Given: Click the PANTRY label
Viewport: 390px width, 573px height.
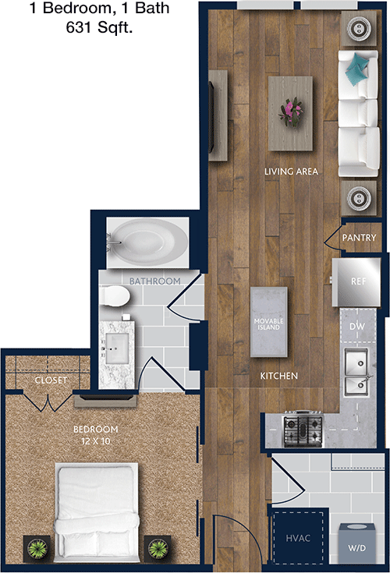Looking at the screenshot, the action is pyautogui.click(x=359, y=238).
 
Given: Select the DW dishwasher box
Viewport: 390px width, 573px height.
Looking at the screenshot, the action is pyautogui.click(x=357, y=326).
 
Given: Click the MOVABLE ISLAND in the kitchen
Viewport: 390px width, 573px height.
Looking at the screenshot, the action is pyautogui.click(x=268, y=321).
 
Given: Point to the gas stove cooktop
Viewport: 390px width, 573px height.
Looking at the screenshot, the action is pyautogui.click(x=303, y=428).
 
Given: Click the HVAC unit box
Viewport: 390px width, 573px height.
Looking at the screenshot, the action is pyautogui.click(x=298, y=538).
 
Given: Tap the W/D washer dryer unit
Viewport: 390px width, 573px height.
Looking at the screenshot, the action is pyautogui.click(x=356, y=543).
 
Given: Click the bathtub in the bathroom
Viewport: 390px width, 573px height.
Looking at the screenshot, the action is pyautogui.click(x=147, y=242).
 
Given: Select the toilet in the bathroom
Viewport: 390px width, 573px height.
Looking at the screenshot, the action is pyautogui.click(x=115, y=296).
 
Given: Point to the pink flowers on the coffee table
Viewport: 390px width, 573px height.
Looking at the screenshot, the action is pyautogui.click(x=291, y=111).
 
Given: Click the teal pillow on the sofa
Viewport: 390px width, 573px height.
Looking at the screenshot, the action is pyautogui.click(x=356, y=68).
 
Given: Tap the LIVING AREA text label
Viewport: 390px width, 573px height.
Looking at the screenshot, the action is pyautogui.click(x=291, y=172).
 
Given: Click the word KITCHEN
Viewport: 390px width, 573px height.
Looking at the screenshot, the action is pyautogui.click(x=279, y=376).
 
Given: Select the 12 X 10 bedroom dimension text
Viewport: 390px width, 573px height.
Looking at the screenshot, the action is pyautogui.click(x=95, y=441).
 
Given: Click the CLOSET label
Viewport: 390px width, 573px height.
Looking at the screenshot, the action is pyautogui.click(x=51, y=380).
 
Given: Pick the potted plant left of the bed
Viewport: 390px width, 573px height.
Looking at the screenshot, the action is pyautogui.click(x=37, y=549).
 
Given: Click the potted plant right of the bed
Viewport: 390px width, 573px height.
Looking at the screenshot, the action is pyautogui.click(x=158, y=549).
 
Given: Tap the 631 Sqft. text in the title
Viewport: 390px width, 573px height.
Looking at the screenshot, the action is pyautogui.click(x=99, y=27).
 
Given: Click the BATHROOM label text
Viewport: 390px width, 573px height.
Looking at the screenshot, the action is pyautogui.click(x=155, y=281).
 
